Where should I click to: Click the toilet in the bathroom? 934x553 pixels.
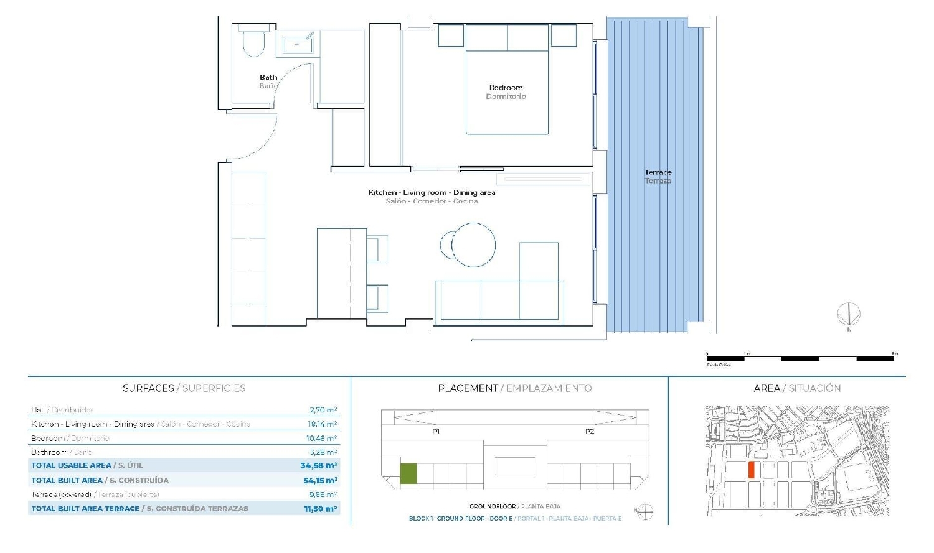point(253,42)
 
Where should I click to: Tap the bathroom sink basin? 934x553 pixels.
point(298,45)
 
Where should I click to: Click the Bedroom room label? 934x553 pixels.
point(506,88)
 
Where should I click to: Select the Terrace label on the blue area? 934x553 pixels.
point(658,172)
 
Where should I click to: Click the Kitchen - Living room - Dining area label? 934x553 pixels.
point(432,192)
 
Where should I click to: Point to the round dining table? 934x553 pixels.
point(473,244)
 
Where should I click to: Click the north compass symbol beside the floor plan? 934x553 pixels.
point(848,314)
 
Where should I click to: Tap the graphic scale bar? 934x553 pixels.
point(800,358)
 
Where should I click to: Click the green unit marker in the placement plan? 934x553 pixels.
point(408,473)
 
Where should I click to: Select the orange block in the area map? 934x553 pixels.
point(752,470)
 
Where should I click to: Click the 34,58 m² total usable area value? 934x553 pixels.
point(318,465)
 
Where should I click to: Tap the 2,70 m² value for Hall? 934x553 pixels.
point(323,410)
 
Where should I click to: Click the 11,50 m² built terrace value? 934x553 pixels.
point(320,509)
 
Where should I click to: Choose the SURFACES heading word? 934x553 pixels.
point(148,388)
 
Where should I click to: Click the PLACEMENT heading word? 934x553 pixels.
point(468,388)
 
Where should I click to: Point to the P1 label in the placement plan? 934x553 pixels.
point(436,431)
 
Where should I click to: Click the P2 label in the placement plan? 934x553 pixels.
point(590,431)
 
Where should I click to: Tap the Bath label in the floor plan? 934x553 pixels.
point(268,77)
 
